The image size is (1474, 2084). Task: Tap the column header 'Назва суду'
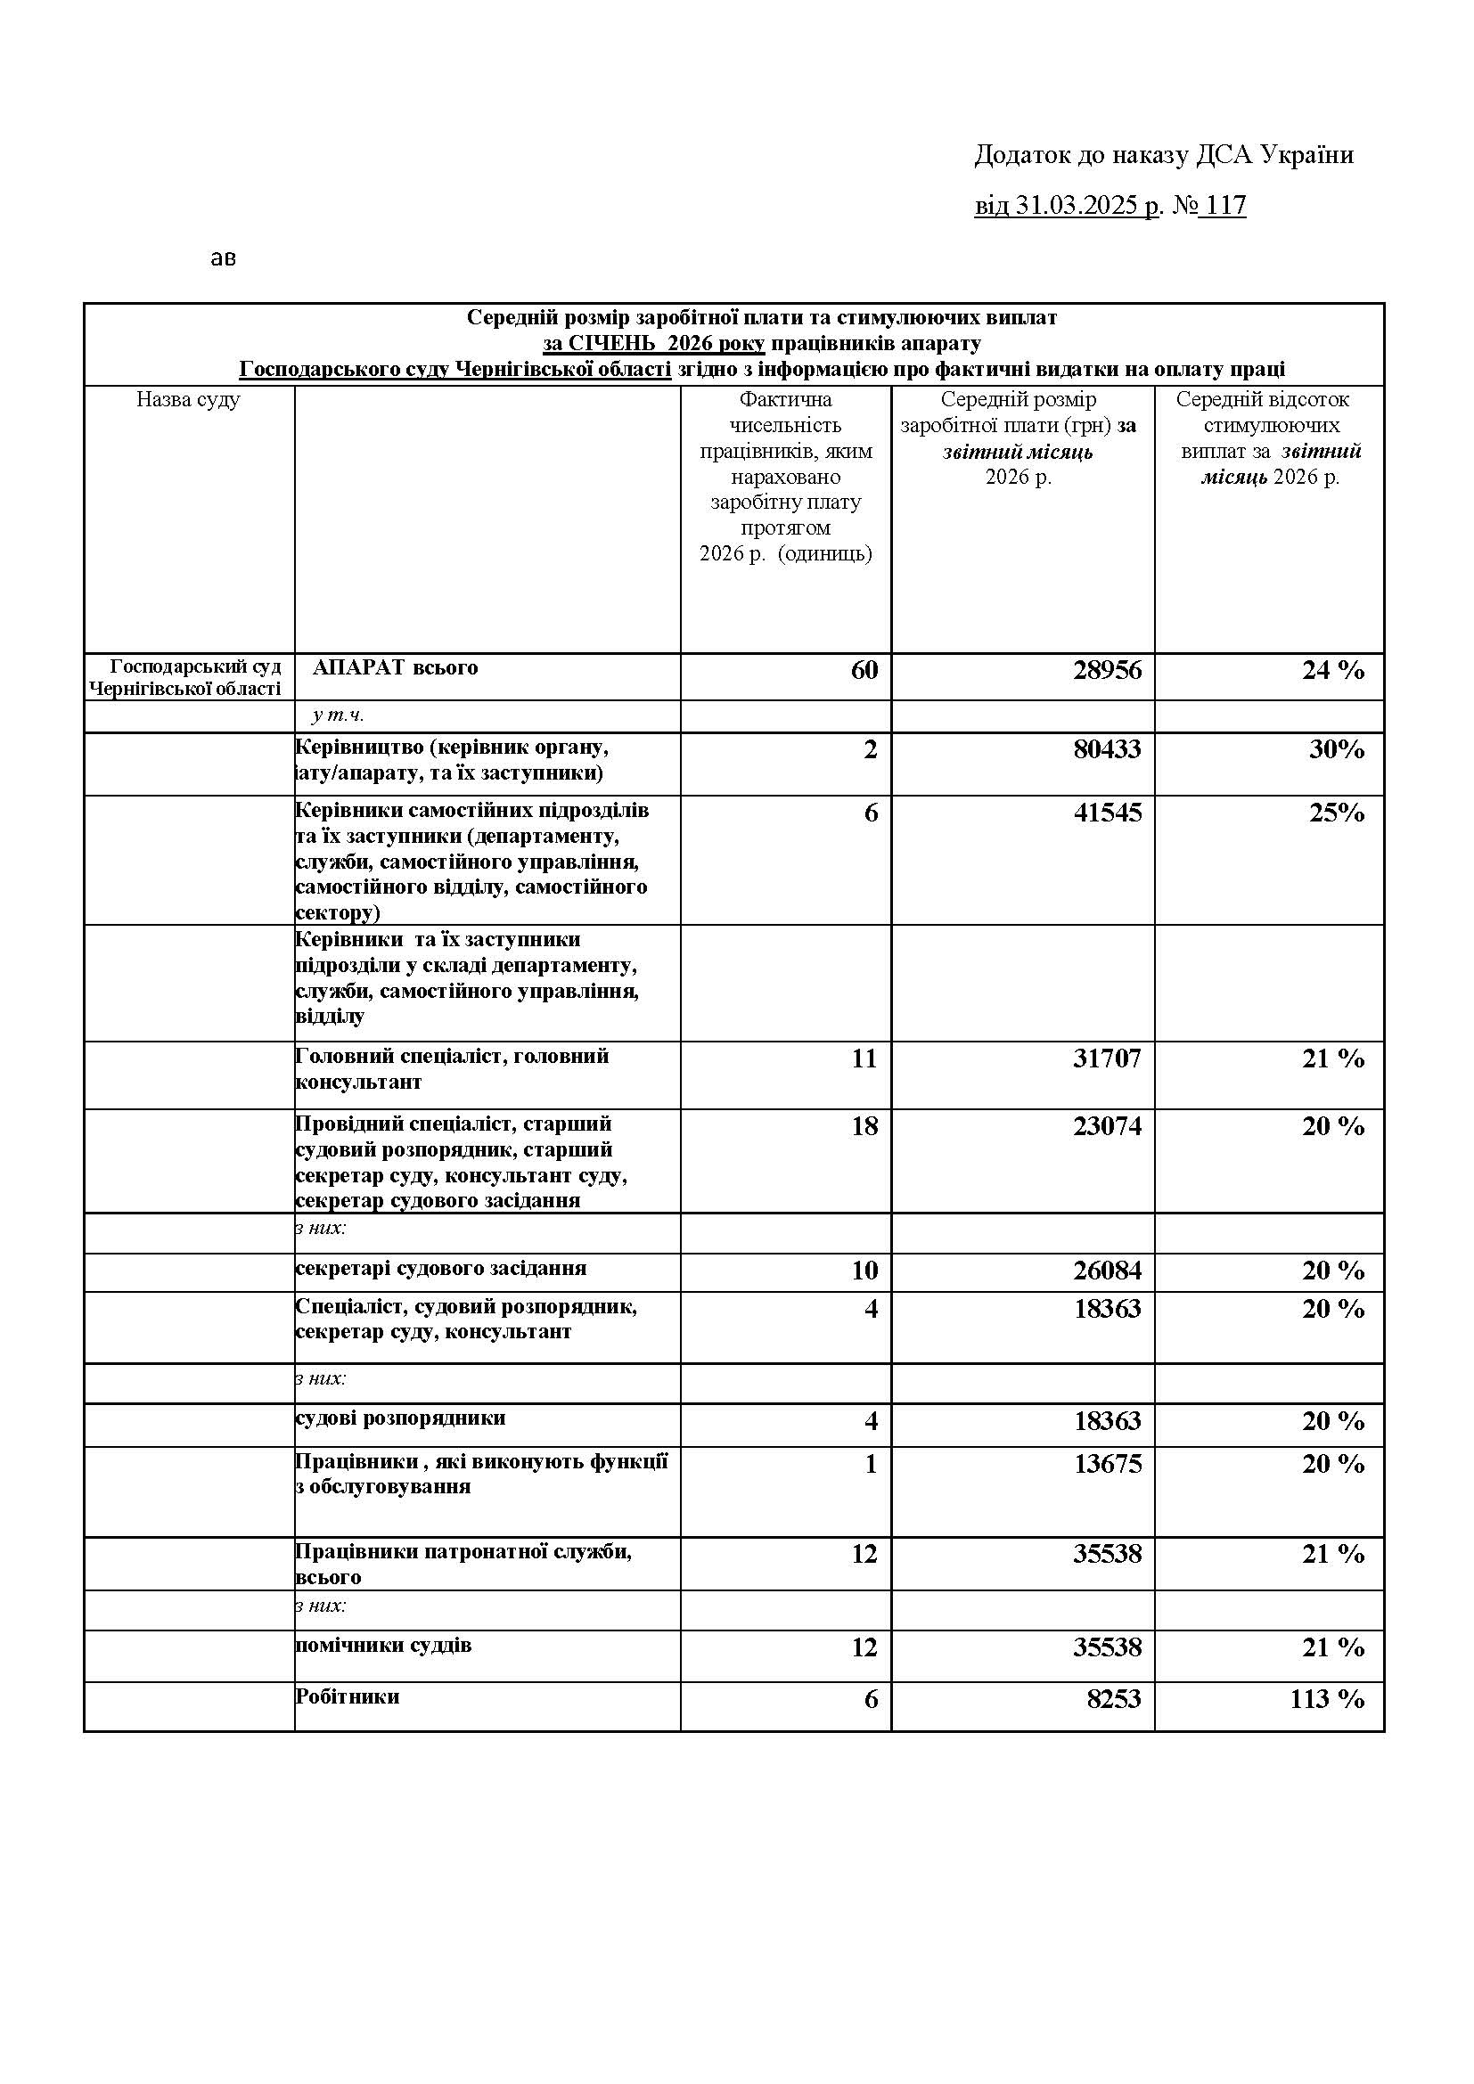coord(188,399)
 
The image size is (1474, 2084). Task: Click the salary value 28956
coord(1107,670)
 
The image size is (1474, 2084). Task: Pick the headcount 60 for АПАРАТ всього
coord(864,670)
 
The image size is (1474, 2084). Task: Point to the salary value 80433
coord(1107,748)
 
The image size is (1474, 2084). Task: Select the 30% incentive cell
coord(1336,748)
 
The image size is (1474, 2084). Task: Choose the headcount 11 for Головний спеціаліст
coord(864,1058)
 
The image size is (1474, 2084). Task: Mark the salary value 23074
coord(1107,1125)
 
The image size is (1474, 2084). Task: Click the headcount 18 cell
coord(864,1125)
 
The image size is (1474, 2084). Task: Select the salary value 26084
coord(1107,1270)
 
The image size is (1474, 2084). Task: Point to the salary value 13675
coord(1107,1464)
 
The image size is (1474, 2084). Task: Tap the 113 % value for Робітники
coord(1327,1699)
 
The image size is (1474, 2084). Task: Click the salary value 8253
coord(1114,1699)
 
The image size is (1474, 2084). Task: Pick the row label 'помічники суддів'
coord(383,1645)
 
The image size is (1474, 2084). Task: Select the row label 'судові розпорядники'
coord(400,1418)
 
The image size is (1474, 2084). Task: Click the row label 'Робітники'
coord(348,1696)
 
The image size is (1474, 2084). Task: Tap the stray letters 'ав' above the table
coord(224,258)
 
